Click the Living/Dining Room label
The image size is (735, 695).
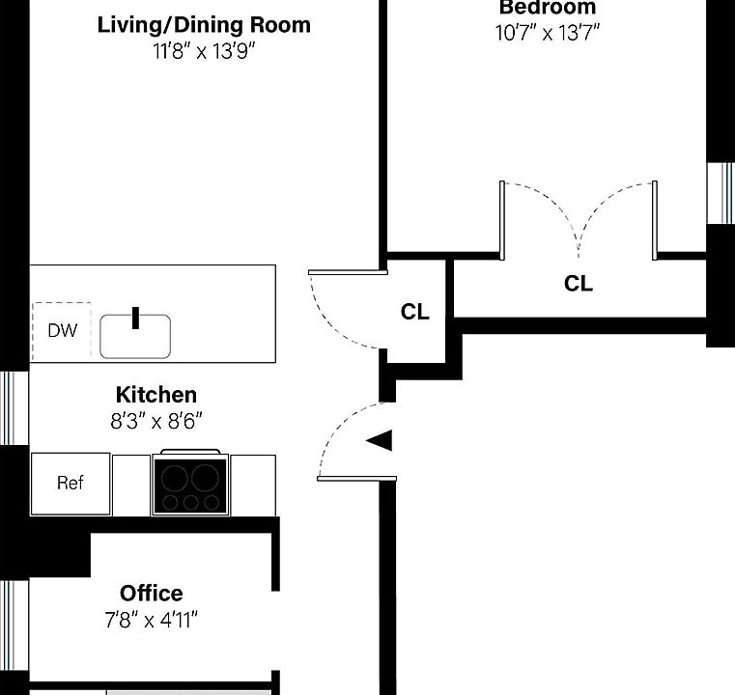point(204,25)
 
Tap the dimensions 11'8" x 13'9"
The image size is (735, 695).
point(205,51)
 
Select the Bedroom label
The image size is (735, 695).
point(547,7)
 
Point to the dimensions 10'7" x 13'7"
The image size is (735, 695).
point(548,33)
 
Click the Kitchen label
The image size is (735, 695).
point(156,395)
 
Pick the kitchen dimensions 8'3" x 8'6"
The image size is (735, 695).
point(156,421)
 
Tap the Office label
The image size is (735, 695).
point(152,594)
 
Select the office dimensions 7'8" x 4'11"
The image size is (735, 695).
point(151,620)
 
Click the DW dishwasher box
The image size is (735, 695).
point(62,331)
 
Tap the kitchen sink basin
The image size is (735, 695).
point(135,336)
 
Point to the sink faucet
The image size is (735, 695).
point(135,318)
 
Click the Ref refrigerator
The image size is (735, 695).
point(71,484)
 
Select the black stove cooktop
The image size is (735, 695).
point(190,486)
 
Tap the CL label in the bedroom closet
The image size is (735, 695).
point(579,284)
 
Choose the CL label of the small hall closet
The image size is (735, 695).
point(415,312)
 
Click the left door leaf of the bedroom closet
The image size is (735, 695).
point(502,220)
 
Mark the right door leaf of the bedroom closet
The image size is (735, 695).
point(655,220)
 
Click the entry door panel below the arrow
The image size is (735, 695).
point(356,479)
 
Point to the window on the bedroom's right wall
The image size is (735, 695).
point(721,193)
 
